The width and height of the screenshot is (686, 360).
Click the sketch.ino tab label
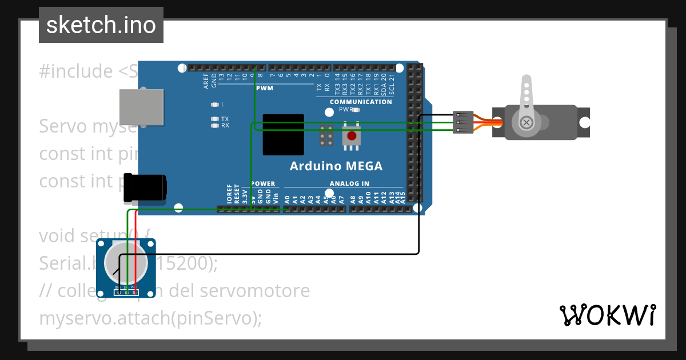tap(101, 25)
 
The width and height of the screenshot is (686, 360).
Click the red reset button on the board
tap(352, 136)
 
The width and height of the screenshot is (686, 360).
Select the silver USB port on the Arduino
tap(140, 107)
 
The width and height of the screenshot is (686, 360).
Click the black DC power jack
tap(146, 187)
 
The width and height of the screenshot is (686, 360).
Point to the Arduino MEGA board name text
tap(336, 166)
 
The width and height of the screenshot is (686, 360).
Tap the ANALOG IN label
tap(349, 183)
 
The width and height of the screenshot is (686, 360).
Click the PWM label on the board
tap(265, 88)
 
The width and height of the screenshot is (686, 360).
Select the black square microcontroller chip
tap(283, 134)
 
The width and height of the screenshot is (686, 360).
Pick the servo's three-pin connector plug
tap(462, 122)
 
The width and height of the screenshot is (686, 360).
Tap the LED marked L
tap(215, 105)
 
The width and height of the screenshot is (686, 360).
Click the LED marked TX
tap(215, 119)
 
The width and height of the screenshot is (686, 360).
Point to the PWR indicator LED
tap(356, 109)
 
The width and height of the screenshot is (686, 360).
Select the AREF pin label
tap(206, 81)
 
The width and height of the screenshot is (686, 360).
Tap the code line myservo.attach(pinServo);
tap(150, 318)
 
